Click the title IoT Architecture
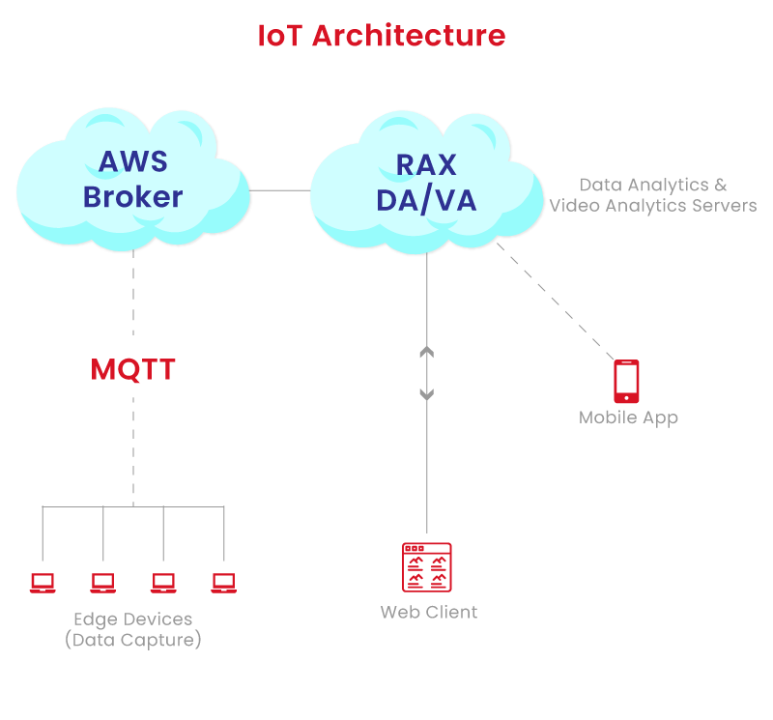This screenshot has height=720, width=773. (x=381, y=36)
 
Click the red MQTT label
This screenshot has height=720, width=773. (x=132, y=370)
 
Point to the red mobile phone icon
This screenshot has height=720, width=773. (x=626, y=381)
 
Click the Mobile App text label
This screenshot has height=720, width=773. (x=628, y=418)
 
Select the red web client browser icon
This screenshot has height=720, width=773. (x=426, y=567)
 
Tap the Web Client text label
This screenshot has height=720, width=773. (x=428, y=613)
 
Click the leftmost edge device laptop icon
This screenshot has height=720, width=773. (x=43, y=583)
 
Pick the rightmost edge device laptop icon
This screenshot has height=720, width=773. (x=224, y=583)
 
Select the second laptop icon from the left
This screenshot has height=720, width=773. (x=103, y=583)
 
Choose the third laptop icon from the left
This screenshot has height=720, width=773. (x=163, y=583)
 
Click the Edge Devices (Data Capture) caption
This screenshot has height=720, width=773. (x=132, y=629)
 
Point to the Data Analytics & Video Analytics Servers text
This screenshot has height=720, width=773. (x=652, y=195)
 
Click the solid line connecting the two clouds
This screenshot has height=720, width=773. (x=280, y=190)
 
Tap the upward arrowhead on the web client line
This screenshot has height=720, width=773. (x=426, y=352)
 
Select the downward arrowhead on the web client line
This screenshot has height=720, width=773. (x=426, y=393)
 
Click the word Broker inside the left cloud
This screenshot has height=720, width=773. (x=132, y=197)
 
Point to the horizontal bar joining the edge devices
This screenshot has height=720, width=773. (x=132, y=505)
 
